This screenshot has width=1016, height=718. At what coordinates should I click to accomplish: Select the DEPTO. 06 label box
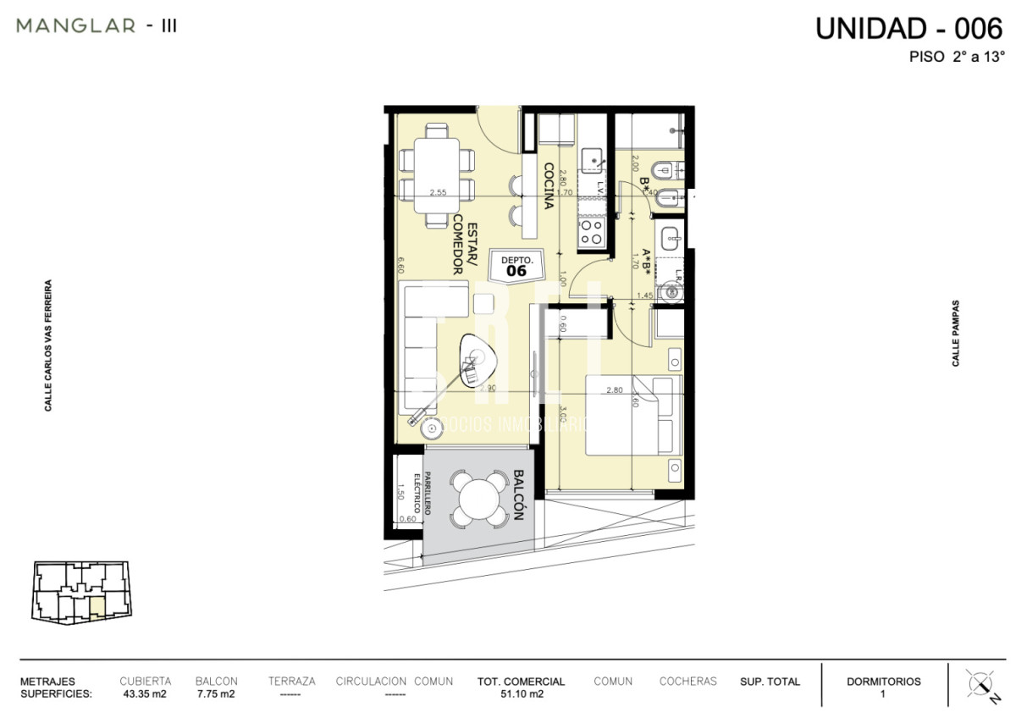coord(516,266)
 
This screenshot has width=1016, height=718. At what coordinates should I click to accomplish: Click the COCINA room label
coord(549,185)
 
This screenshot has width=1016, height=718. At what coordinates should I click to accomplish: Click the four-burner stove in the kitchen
coord(591,230)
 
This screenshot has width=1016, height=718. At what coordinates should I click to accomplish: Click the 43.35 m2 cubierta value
coord(145,693)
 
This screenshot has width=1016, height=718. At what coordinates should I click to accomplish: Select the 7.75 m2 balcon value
coord(215,693)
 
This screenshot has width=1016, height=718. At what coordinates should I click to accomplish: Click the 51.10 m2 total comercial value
coord(521,693)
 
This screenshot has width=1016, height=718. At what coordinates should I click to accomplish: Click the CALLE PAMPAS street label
coord(956,333)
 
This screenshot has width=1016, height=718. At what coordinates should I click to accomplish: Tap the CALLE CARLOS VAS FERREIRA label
coord(49,346)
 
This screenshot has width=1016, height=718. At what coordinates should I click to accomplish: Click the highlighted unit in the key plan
coord(97,607)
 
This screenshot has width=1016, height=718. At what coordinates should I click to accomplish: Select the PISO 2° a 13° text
coord(956,58)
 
